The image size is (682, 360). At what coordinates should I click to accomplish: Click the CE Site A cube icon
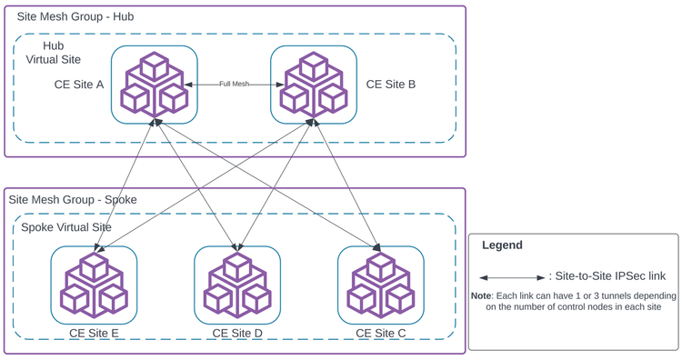[155, 84]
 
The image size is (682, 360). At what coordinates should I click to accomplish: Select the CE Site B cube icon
[314, 84]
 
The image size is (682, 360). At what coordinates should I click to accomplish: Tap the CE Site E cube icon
[94, 285]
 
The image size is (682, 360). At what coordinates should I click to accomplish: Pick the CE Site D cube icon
[237, 285]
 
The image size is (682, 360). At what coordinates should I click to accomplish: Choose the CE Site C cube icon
[381, 285]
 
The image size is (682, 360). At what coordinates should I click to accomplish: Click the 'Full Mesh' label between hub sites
[234, 84]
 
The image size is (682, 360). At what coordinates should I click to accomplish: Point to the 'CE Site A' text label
[79, 85]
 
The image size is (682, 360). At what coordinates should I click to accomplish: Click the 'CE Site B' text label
[391, 85]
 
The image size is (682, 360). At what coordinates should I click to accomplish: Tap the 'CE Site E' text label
[94, 334]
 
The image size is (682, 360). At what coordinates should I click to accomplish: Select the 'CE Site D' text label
[237, 334]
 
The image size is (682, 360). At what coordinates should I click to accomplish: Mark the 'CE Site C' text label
[381, 334]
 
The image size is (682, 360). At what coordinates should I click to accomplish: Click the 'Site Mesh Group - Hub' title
[75, 17]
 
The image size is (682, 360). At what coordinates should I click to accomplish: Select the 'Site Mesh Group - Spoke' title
[72, 199]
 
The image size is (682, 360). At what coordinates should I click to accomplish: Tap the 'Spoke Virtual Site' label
[66, 227]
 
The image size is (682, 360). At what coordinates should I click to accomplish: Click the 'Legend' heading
[502, 245]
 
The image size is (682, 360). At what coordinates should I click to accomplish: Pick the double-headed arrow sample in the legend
[513, 277]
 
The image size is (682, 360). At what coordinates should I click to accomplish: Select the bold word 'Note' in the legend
[481, 296]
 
